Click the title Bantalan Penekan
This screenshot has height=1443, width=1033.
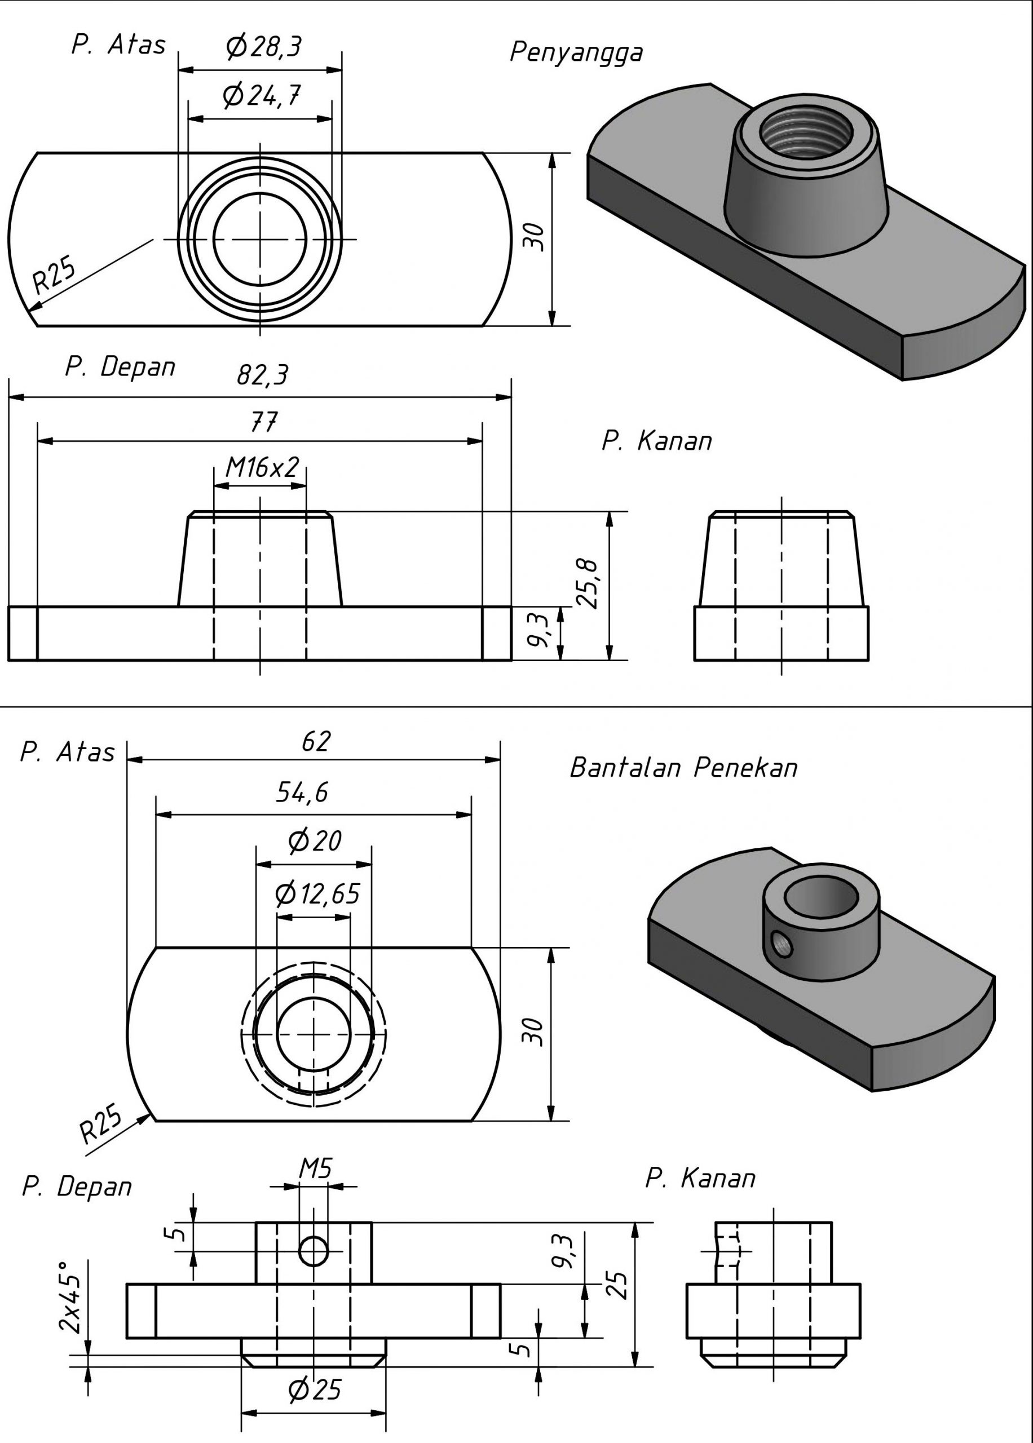[x=683, y=768]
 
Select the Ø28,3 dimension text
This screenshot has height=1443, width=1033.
[x=263, y=46]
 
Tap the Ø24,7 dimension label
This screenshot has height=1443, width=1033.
[x=261, y=95]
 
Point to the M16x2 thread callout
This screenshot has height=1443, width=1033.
[x=262, y=468]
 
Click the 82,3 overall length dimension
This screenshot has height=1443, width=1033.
[x=262, y=375]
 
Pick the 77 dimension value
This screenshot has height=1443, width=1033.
[x=263, y=422]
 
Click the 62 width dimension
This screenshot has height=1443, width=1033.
[x=316, y=741]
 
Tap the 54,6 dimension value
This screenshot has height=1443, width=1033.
[x=302, y=792]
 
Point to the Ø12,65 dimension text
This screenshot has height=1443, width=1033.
[x=317, y=895]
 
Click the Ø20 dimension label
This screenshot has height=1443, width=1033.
[x=314, y=841]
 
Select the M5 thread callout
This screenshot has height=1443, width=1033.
[x=316, y=1168]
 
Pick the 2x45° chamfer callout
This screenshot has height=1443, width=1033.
[x=70, y=1298]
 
